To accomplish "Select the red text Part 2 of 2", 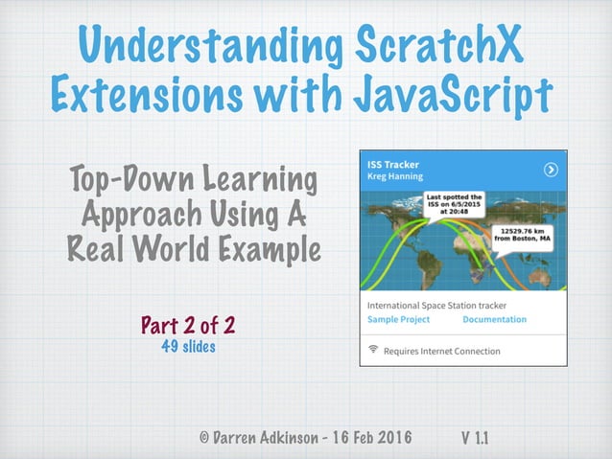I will pyautogui.click(x=188, y=326).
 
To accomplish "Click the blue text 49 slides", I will pyautogui.click(x=188, y=347).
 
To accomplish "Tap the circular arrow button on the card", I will pyautogui.click(x=551, y=170).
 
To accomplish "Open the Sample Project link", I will pyautogui.click(x=399, y=320).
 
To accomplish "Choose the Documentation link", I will pyautogui.click(x=494, y=320).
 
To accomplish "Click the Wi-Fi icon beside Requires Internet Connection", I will pyautogui.click(x=373, y=351).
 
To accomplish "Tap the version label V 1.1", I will pyautogui.click(x=476, y=437).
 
